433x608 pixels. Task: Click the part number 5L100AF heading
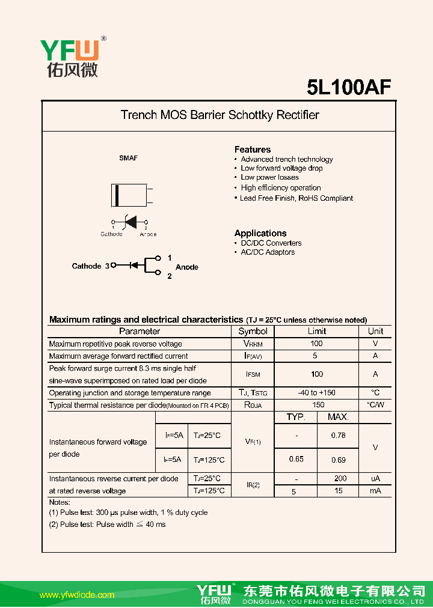[349, 87]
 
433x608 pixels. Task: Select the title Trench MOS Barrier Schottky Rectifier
[220, 115]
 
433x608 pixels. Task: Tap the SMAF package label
[128, 158]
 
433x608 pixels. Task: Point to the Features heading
[252, 149]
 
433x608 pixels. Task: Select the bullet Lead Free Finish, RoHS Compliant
[296, 198]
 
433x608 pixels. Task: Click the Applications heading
[260, 233]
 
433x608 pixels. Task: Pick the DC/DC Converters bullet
[271, 243]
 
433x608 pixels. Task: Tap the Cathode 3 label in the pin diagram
[90, 266]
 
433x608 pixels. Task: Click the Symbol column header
[253, 331]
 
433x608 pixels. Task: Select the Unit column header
[375, 331]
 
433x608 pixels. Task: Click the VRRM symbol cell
[253, 344]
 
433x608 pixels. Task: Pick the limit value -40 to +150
[316, 393]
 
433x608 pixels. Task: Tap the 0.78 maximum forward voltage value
[338, 436]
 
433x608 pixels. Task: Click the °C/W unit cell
[375, 405]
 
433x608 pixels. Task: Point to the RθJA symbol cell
[253, 405]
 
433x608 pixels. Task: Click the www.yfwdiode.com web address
[77, 595]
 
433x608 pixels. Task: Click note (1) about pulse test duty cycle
[128, 512]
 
